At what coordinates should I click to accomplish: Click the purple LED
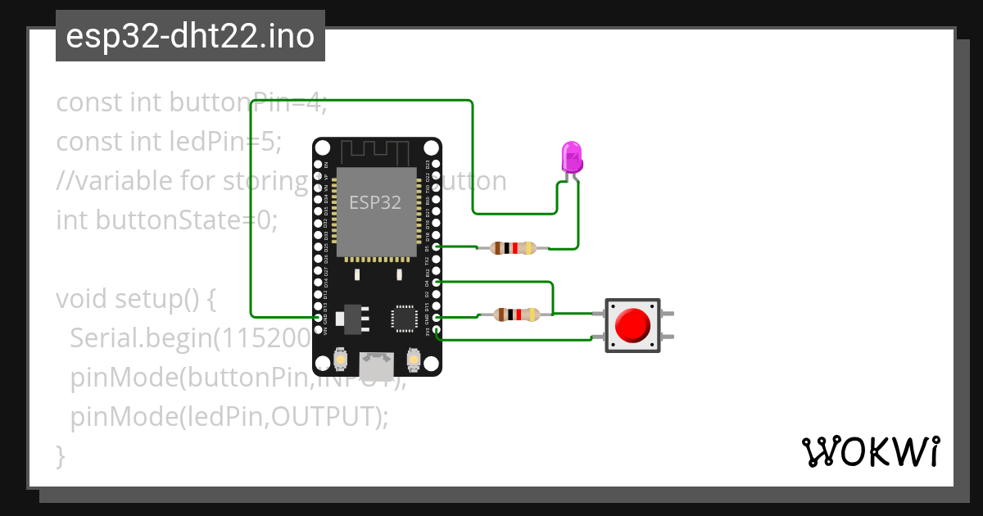click(x=572, y=157)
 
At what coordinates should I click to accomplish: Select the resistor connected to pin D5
click(x=513, y=247)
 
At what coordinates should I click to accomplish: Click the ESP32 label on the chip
click(x=375, y=202)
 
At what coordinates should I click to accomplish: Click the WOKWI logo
click(x=870, y=451)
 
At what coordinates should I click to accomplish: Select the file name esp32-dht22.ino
click(x=190, y=36)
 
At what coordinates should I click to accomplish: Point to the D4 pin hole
click(x=437, y=282)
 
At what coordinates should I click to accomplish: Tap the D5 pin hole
click(x=437, y=247)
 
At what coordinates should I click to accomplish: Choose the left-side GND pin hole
click(x=319, y=317)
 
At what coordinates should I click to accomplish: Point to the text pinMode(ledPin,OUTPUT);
click(x=229, y=417)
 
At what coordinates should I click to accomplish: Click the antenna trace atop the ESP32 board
click(x=375, y=151)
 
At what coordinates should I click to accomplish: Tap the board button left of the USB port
click(x=341, y=359)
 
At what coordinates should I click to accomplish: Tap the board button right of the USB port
click(x=414, y=359)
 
